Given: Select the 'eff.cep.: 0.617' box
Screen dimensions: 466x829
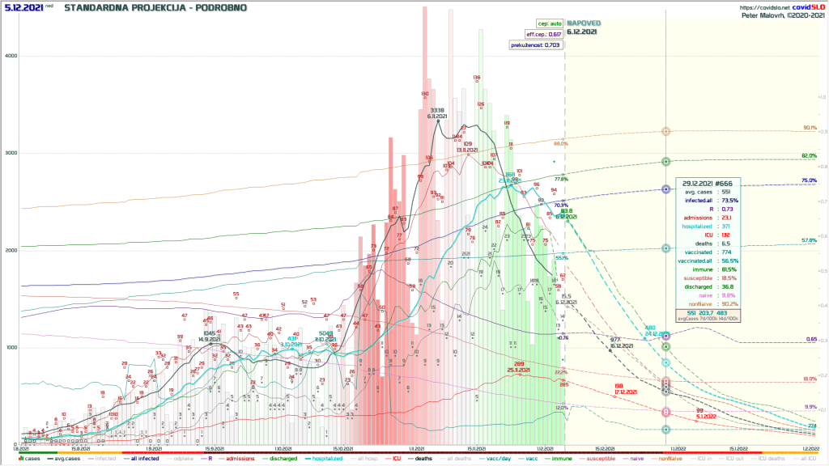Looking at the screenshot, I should pyautogui.click(x=543, y=34).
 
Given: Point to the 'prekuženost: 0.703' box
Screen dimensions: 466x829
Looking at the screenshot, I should pyautogui.click(x=535, y=45).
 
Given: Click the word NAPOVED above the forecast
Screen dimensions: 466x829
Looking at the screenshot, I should pyautogui.click(x=583, y=23).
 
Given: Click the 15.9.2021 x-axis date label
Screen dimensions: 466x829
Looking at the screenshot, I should pyautogui.click(x=213, y=447).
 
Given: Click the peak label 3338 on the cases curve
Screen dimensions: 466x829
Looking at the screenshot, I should pyautogui.click(x=437, y=110).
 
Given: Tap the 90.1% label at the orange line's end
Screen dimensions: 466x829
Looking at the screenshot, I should pyautogui.click(x=809, y=128).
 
